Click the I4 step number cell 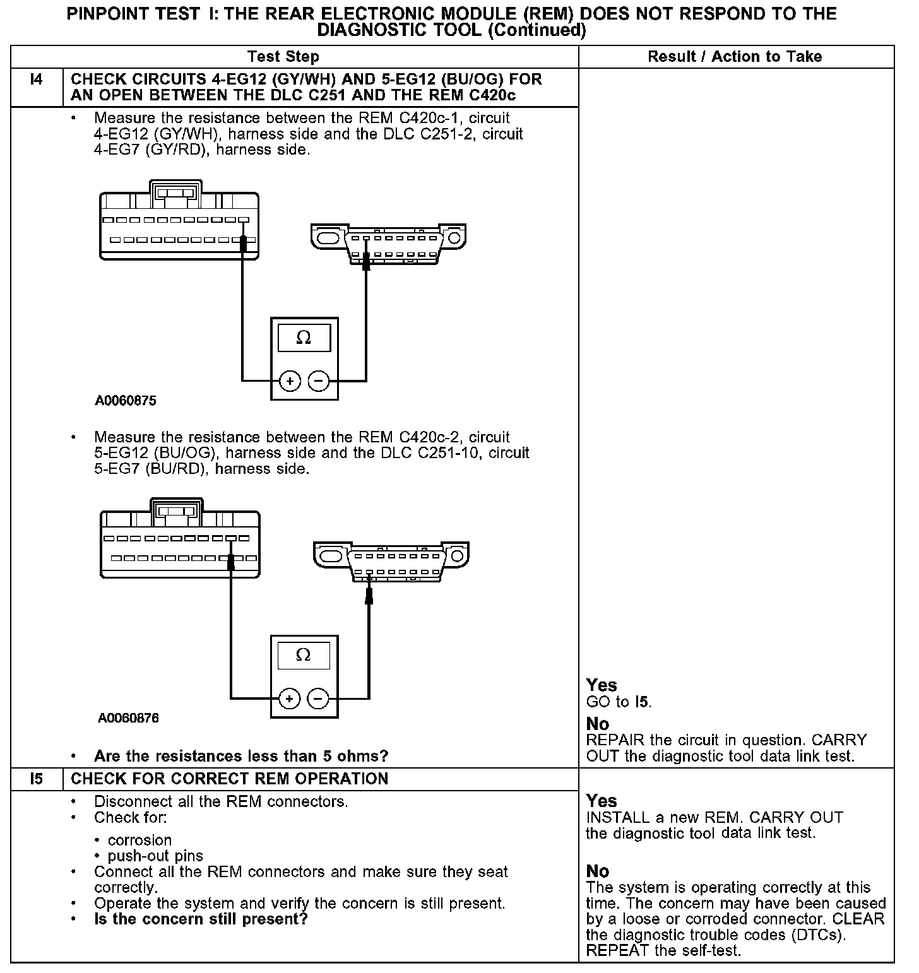(37, 80)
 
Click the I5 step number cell (37, 779)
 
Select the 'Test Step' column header (283, 57)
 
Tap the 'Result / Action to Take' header (735, 57)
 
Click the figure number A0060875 (126, 401)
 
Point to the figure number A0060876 (128, 718)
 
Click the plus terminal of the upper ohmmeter (290, 381)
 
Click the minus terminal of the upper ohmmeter (319, 381)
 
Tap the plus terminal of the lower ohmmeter (290, 699)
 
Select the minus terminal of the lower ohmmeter (318, 699)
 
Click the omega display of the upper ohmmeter (304, 338)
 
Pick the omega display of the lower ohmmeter (304, 656)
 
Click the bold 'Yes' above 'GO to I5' (601, 685)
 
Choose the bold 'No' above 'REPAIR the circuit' (597, 724)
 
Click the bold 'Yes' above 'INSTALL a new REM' (601, 801)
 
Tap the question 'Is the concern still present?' (200, 919)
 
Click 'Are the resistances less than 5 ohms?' (240, 756)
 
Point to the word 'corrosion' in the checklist (139, 840)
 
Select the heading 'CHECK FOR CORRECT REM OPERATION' (229, 779)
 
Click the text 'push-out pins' (155, 856)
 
